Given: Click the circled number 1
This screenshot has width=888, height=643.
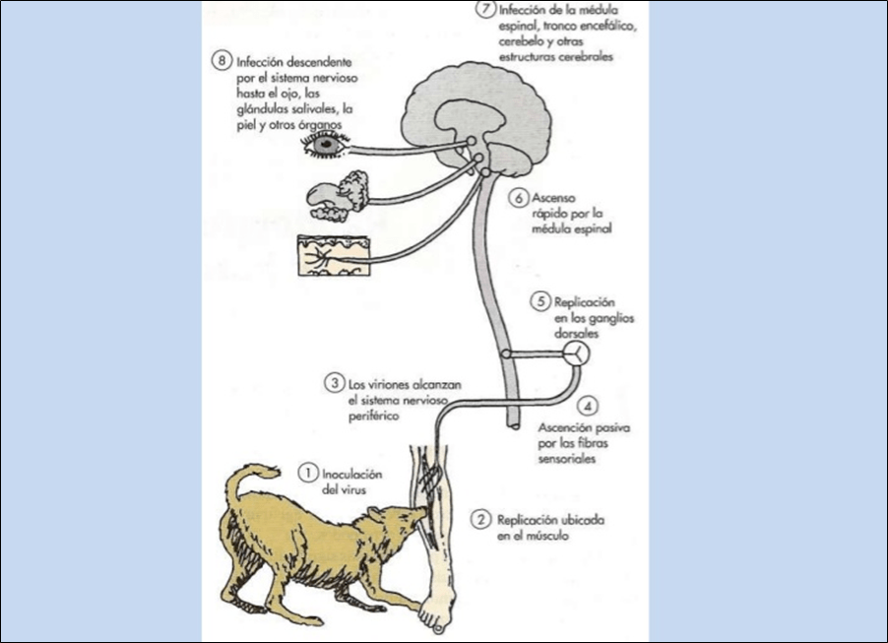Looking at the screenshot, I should pos(308,474).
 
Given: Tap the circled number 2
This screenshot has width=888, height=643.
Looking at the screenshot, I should pos(480,519).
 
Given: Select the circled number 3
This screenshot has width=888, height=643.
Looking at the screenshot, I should pos(335,382).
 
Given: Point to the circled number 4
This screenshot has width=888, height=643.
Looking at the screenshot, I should pos(588,406).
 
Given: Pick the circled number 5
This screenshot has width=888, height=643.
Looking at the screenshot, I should pos(538,301).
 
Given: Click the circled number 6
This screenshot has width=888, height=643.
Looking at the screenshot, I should pos(519,197).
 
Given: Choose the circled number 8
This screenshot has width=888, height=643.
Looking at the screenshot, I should pos(222,60).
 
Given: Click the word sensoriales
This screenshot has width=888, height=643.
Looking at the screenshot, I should pos(568,459).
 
